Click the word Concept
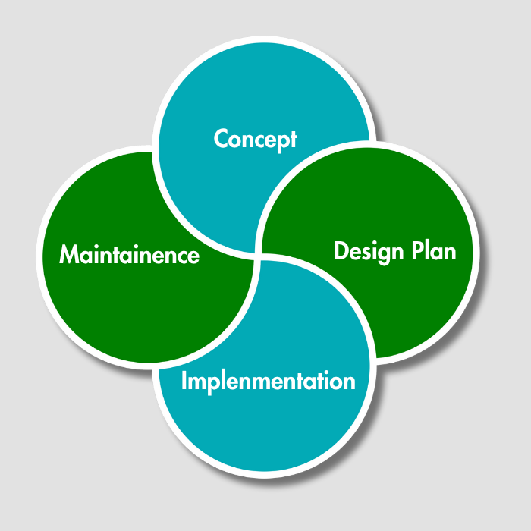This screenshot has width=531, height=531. click(255, 140)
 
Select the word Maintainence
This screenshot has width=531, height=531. click(129, 255)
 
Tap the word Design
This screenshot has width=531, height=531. click(366, 252)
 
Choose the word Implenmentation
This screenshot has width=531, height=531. click(268, 381)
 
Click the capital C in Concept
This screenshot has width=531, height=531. click(222, 140)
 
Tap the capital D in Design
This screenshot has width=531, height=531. click(341, 251)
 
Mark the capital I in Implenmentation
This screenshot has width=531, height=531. click(184, 380)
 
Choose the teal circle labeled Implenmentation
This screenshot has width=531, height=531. click(265, 432)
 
